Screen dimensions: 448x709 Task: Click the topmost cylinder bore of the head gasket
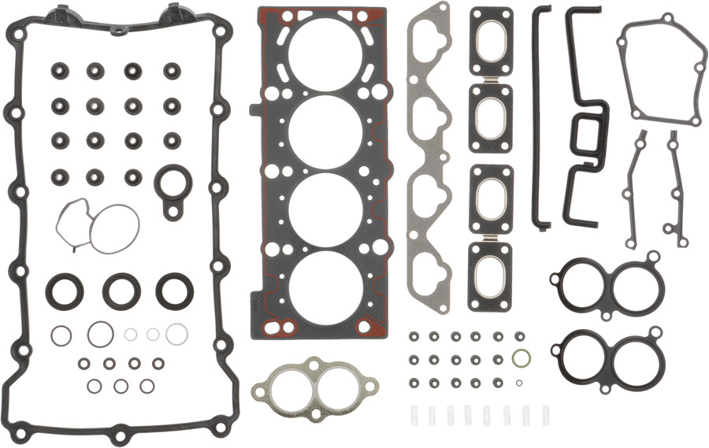(324, 52)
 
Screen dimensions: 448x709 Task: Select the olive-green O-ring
(519, 360)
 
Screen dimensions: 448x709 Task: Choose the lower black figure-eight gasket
(606, 358)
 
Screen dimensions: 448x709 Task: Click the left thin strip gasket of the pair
(635, 189)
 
